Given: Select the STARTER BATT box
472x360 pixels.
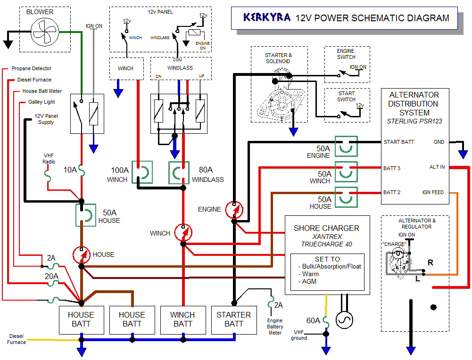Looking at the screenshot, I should point(233,319).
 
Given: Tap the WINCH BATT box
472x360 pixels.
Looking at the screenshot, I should point(182,319).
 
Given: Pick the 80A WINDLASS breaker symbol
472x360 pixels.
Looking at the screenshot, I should point(179,172).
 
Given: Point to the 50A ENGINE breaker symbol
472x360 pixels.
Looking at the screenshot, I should point(346,146).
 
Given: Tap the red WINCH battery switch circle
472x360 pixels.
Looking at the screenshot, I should point(183,232).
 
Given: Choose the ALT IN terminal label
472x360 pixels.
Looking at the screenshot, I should point(437,167).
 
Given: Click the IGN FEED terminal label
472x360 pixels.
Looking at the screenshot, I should point(433,192).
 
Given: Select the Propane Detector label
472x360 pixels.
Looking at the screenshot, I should point(32,69).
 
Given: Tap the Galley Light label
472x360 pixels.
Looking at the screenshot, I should point(41,102).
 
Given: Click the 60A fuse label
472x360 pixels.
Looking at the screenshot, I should point(313,321).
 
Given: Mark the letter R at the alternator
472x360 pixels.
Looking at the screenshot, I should point(430,262).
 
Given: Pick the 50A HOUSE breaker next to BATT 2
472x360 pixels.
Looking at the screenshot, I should point(346,197).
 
